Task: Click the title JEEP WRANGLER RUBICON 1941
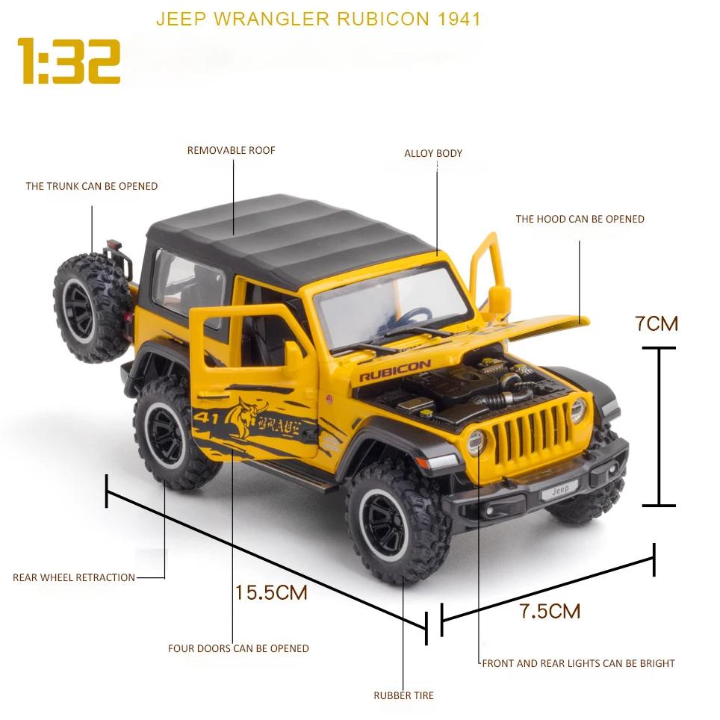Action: point(318,19)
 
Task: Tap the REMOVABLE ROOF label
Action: point(231,150)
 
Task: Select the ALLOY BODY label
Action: point(433,153)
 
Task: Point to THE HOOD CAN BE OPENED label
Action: point(580,219)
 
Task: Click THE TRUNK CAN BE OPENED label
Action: point(92,186)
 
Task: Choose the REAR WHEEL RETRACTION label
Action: point(74,577)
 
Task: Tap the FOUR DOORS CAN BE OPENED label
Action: point(238,648)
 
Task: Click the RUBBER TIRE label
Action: point(403,695)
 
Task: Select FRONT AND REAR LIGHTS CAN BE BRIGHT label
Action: point(578,663)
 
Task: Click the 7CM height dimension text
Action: point(657,323)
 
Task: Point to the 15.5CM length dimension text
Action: point(271,593)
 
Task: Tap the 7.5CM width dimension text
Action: point(550,611)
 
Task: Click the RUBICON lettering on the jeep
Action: point(395,371)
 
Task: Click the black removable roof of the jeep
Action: point(291,235)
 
